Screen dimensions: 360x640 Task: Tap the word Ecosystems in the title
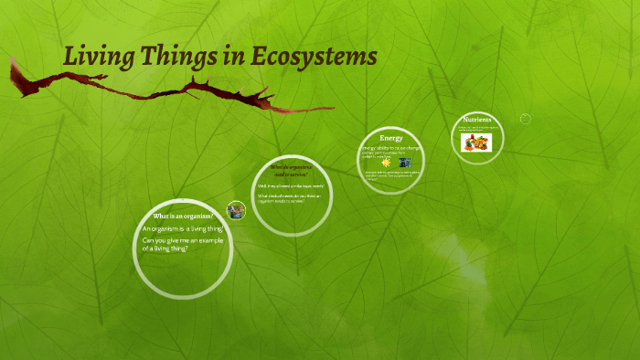316,57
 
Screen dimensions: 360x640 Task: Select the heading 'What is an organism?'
183,216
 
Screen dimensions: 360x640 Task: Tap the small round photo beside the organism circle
236,210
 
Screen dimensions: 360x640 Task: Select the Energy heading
391,138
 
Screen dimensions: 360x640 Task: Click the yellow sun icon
386,163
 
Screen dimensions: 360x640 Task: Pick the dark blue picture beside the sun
404,163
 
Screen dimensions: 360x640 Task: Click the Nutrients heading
477,120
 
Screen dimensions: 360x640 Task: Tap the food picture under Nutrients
476,142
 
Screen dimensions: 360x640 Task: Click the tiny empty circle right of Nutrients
526,119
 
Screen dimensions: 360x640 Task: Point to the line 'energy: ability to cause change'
390,147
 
